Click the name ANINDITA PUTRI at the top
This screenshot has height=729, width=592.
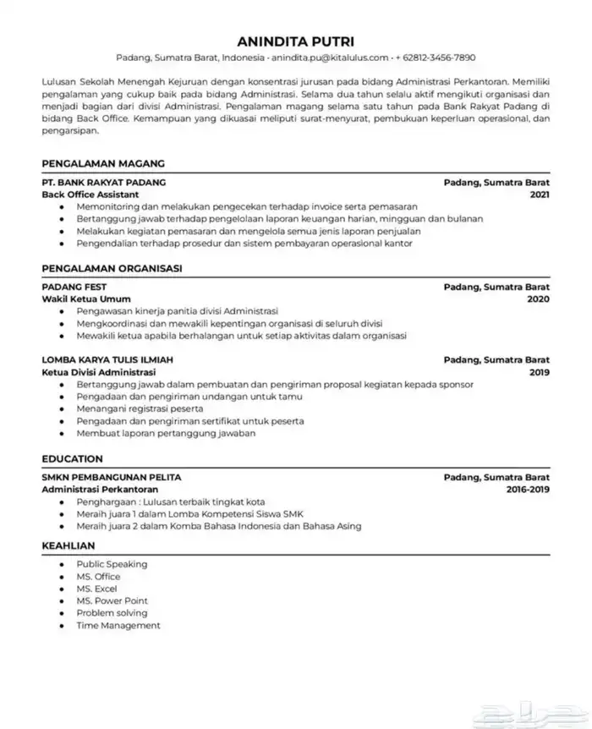click(x=295, y=41)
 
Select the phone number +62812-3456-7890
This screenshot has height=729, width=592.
click(x=436, y=58)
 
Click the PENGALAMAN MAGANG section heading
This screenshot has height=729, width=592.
click(x=102, y=163)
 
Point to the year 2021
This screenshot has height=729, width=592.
click(x=539, y=195)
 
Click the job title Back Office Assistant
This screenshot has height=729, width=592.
click(x=90, y=195)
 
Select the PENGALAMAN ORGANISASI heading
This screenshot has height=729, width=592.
click(x=112, y=269)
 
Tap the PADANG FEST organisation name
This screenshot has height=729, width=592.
click(x=70, y=288)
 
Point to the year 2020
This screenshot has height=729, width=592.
click(x=538, y=299)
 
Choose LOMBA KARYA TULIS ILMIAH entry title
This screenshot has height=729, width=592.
click(x=107, y=360)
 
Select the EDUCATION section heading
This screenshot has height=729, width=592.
click(x=72, y=459)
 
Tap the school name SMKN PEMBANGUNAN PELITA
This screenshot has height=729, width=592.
click(x=111, y=478)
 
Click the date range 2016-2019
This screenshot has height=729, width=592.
click(x=528, y=490)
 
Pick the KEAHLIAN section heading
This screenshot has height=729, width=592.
click(x=69, y=545)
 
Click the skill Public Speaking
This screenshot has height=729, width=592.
click(x=112, y=564)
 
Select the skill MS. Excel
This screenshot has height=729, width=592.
click(x=96, y=589)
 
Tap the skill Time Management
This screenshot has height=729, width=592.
click(x=118, y=626)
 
